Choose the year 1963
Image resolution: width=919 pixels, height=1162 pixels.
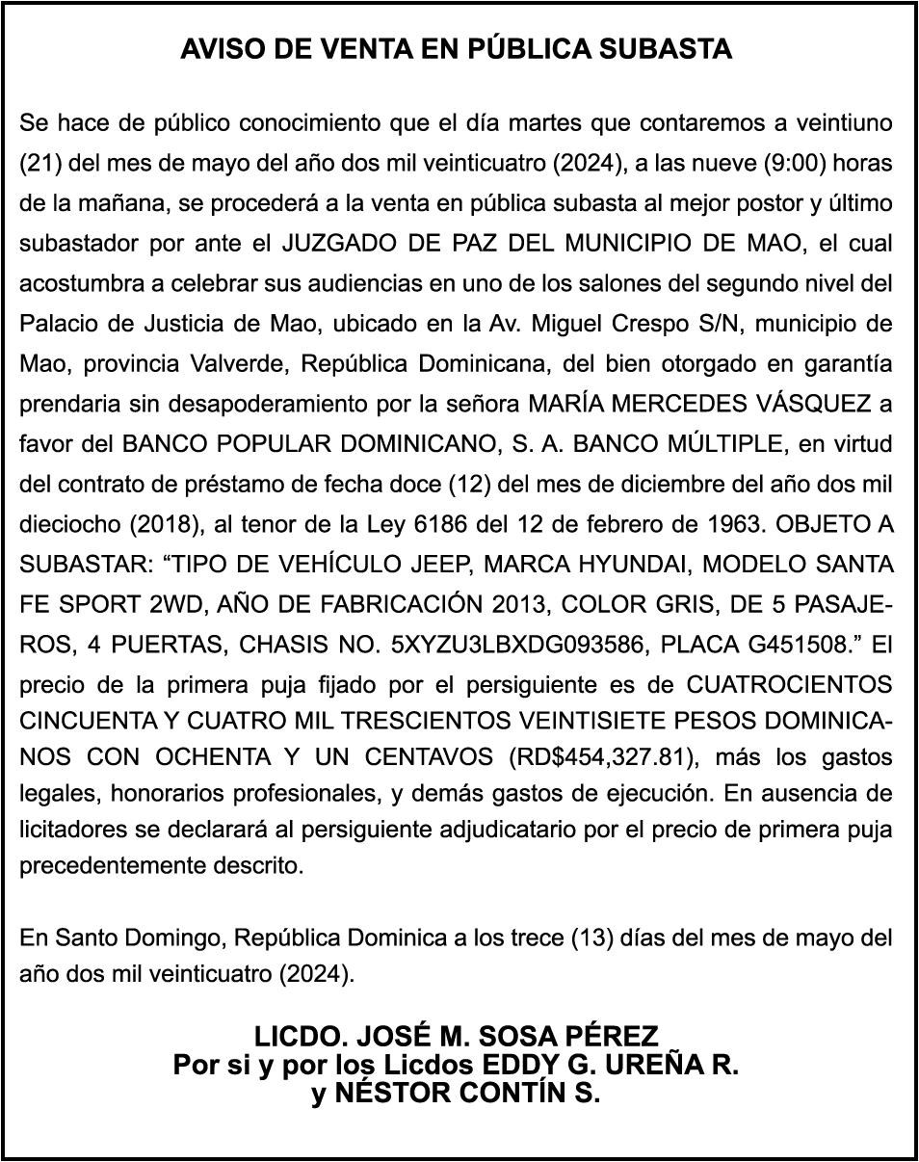click(733, 525)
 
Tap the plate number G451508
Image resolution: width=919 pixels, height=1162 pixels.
click(782, 645)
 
